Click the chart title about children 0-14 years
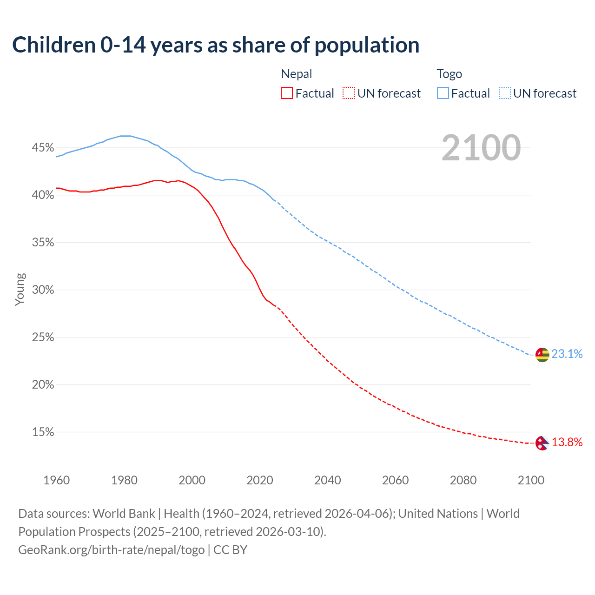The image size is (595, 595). point(216,45)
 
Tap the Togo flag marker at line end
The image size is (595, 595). point(542,355)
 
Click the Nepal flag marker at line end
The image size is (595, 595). point(542,443)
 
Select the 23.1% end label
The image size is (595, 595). point(567,354)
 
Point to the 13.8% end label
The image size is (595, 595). point(567,443)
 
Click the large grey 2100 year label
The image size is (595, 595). point(481,148)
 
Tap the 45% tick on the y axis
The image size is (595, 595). point(43,148)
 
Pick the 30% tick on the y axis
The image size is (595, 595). point(43,290)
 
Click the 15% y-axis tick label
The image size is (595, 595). point(43,432)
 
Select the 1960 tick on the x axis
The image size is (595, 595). point(56,480)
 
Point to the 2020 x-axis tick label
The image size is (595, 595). point(259,480)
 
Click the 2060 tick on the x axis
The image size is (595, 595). point(395,480)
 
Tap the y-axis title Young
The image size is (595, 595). point(20,289)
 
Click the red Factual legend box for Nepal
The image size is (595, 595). point(287,93)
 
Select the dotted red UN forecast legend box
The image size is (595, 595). point(349,93)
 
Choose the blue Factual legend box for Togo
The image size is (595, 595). point(443,93)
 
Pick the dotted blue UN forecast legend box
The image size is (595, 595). point(504,93)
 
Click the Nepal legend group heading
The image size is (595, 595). point(297,74)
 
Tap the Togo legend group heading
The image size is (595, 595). point(449,74)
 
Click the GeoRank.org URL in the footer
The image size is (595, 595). point(112,550)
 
